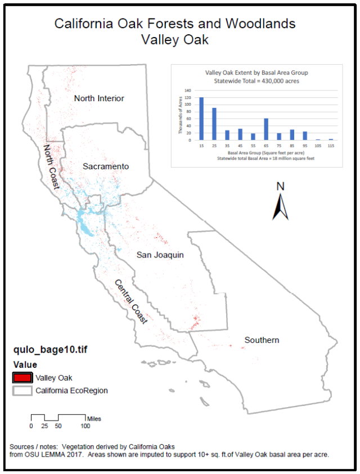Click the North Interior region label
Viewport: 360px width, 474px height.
(99, 98)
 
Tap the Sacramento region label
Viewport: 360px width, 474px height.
(106, 166)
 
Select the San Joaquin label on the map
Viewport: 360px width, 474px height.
(160, 255)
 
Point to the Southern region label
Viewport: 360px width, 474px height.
(262, 340)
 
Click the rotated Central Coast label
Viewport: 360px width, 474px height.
(131, 301)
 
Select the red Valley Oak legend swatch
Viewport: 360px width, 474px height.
(22, 377)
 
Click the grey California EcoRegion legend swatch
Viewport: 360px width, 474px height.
(22, 390)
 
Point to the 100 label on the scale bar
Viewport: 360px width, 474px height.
(84, 426)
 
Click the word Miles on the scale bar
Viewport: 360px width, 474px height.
(94, 418)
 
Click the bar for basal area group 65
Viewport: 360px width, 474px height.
(266, 129)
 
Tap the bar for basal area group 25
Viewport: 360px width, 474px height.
(214, 124)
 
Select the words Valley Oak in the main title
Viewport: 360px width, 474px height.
(175, 39)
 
